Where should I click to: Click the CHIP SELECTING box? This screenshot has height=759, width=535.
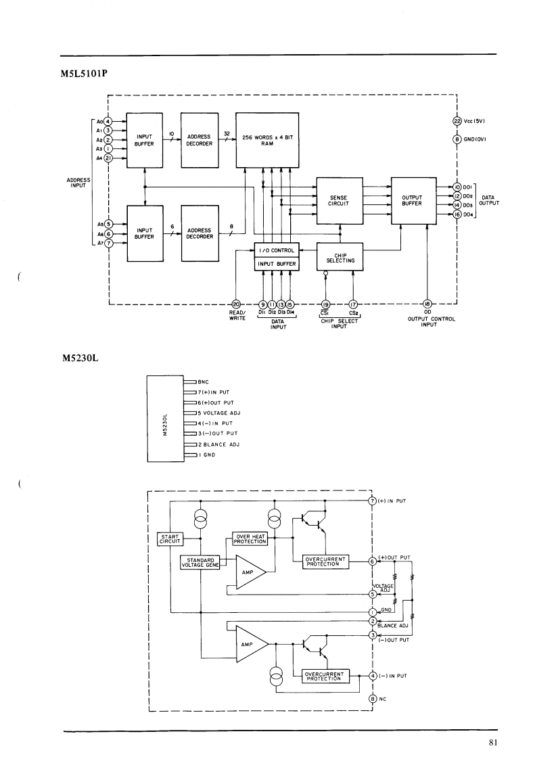pos(340,257)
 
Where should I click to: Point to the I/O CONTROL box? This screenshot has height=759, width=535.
pos(276,250)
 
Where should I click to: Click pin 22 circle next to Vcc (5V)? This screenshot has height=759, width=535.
pos(457,122)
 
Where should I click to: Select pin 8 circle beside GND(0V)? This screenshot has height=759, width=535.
pos(457,139)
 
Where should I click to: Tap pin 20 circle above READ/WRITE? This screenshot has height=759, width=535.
pos(236,304)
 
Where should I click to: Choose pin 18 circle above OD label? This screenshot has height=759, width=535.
pos(427,304)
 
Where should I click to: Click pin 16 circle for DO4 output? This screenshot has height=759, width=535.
pos(457,214)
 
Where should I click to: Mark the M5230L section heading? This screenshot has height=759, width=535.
pos(80,357)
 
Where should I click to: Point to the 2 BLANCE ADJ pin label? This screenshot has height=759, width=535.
pos(218,444)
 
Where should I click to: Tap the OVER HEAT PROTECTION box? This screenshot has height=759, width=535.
pos(250,539)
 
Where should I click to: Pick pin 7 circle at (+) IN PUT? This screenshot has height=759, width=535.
pos(373,501)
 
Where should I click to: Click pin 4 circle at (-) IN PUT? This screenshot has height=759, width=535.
pos(373,675)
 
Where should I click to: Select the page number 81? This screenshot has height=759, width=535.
pos(492,743)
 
